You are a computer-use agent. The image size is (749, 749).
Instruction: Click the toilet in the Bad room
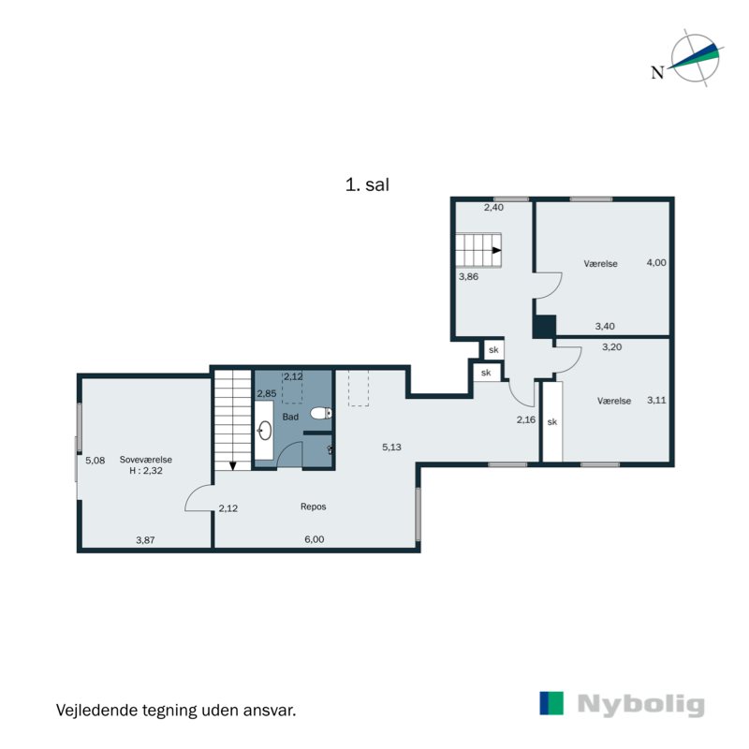coord(321,413)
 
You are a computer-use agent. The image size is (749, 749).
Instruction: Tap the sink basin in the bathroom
coord(264,431)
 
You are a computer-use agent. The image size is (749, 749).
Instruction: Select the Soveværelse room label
coord(146,460)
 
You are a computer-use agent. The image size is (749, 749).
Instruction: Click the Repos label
coord(314,507)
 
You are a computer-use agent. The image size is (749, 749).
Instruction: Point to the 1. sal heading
coord(367,184)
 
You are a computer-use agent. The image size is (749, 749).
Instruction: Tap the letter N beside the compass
coord(658,73)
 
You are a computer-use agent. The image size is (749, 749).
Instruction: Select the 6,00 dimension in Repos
coord(315,539)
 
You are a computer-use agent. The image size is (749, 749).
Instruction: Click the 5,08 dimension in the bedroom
coord(95,461)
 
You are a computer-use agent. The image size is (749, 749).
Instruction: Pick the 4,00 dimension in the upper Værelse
coord(656,262)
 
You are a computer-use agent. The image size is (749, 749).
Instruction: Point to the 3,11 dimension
coord(656,400)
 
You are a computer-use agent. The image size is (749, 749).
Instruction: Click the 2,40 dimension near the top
coord(493,207)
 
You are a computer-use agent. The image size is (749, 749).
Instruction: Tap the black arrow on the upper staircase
coord(497,250)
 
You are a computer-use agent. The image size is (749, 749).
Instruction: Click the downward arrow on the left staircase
coord(233,465)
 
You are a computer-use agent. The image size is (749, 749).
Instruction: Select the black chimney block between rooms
coord(545,327)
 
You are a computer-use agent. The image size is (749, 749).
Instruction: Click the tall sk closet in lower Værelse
coord(552,421)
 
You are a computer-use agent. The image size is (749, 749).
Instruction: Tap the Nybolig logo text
coord(640,704)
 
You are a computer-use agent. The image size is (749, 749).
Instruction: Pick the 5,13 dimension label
coord(391,448)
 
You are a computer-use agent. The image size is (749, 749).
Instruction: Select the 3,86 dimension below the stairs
coord(468,276)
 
